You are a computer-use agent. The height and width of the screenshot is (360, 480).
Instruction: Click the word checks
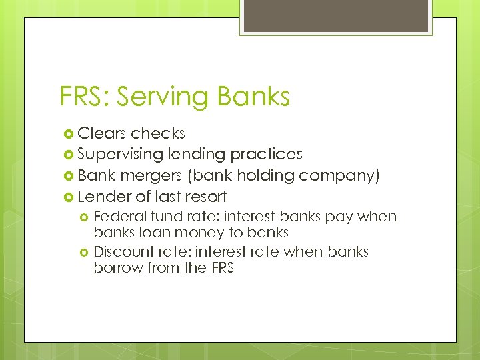(x=158, y=133)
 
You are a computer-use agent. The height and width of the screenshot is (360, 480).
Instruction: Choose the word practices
(x=266, y=154)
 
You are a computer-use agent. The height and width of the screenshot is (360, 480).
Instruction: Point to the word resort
(x=205, y=196)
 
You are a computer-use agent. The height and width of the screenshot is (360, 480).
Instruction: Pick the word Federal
(x=120, y=217)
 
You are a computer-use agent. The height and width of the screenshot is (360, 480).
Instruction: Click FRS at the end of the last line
(x=220, y=268)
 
